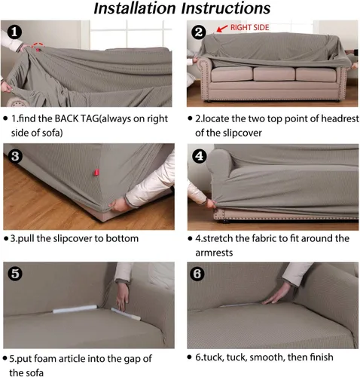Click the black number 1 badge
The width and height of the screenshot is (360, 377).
click(14, 32)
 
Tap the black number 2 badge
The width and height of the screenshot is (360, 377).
click(199, 32)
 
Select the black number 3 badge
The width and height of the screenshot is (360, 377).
click(15, 156)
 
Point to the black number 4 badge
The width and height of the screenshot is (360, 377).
click(200, 156)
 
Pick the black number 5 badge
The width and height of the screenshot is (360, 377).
click(15, 274)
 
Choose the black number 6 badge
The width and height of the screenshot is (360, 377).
click(197, 274)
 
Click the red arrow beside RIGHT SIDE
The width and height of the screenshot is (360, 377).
click(222, 29)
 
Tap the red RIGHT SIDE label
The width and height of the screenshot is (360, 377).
click(249, 27)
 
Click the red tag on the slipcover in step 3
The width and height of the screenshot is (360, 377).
click(96, 173)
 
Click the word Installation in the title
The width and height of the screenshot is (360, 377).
click(135, 8)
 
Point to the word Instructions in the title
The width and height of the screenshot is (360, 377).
click(226, 8)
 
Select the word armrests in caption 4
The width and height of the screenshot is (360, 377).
click(214, 253)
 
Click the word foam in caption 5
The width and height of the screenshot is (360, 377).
click(44, 359)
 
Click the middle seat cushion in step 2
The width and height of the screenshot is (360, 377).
click(274, 74)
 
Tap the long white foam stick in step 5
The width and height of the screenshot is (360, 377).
click(75, 309)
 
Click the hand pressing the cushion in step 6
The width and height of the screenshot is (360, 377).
click(276, 293)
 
